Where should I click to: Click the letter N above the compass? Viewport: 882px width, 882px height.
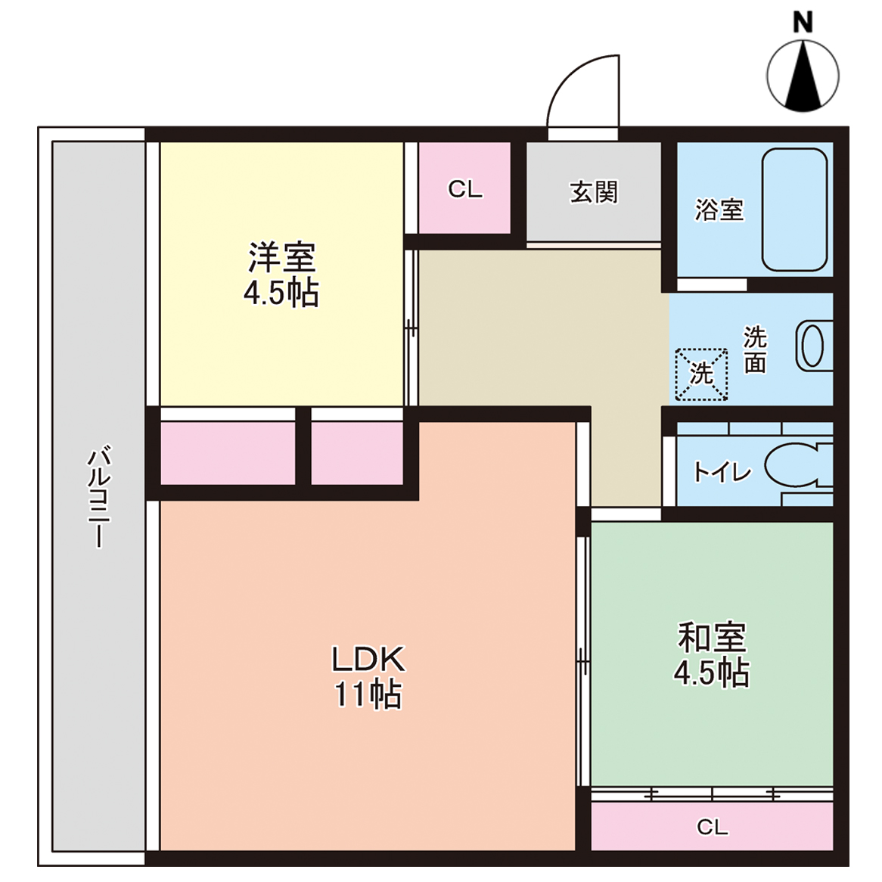pyautogui.click(x=803, y=22)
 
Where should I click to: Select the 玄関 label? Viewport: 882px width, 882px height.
pyautogui.click(x=594, y=192)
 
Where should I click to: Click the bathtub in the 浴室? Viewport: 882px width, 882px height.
pyautogui.click(x=794, y=210)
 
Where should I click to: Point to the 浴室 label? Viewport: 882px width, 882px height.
pyautogui.click(x=719, y=210)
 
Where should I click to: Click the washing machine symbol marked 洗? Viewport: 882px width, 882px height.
pyautogui.click(x=701, y=374)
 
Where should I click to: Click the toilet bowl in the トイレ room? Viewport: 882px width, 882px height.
pyautogui.click(x=794, y=465)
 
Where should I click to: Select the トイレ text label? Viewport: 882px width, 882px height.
pyautogui.click(x=722, y=473)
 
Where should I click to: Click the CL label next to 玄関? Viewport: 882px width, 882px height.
pyautogui.click(x=464, y=189)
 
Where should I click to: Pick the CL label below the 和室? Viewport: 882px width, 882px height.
pyautogui.click(x=712, y=828)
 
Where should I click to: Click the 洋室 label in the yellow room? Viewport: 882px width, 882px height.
pyautogui.click(x=281, y=257)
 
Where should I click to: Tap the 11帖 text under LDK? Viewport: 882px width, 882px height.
pyautogui.click(x=368, y=694)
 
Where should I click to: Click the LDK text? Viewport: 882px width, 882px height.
pyautogui.click(x=368, y=660)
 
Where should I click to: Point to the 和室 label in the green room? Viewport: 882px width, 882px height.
pyautogui.click(x=711, y=637)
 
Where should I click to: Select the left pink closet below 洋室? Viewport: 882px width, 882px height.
pyautogui.click(x=228, y=453)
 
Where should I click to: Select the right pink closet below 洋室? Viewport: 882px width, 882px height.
pyautogui.click(x=357, y=453)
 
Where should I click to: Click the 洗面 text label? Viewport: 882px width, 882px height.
pyautogui.click(x=755, y=349)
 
